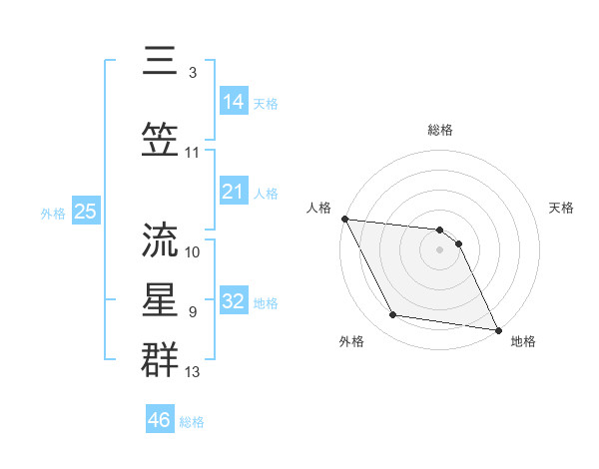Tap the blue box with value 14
[234, 102]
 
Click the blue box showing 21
[234, 192]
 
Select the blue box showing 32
[234, 301]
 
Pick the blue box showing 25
[85, 212]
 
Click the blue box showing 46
[160, 420]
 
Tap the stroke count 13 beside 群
[194, 372]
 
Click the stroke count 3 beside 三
[192, 72]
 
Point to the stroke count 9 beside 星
[192, 311]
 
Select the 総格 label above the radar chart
[440, 130]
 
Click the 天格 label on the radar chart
[562, 208]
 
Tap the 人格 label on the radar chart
[318, 208]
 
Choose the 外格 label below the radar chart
[351, 341]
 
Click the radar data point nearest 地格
[498, 329]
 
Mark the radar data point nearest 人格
[344, 219]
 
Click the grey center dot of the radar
[439, 249]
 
